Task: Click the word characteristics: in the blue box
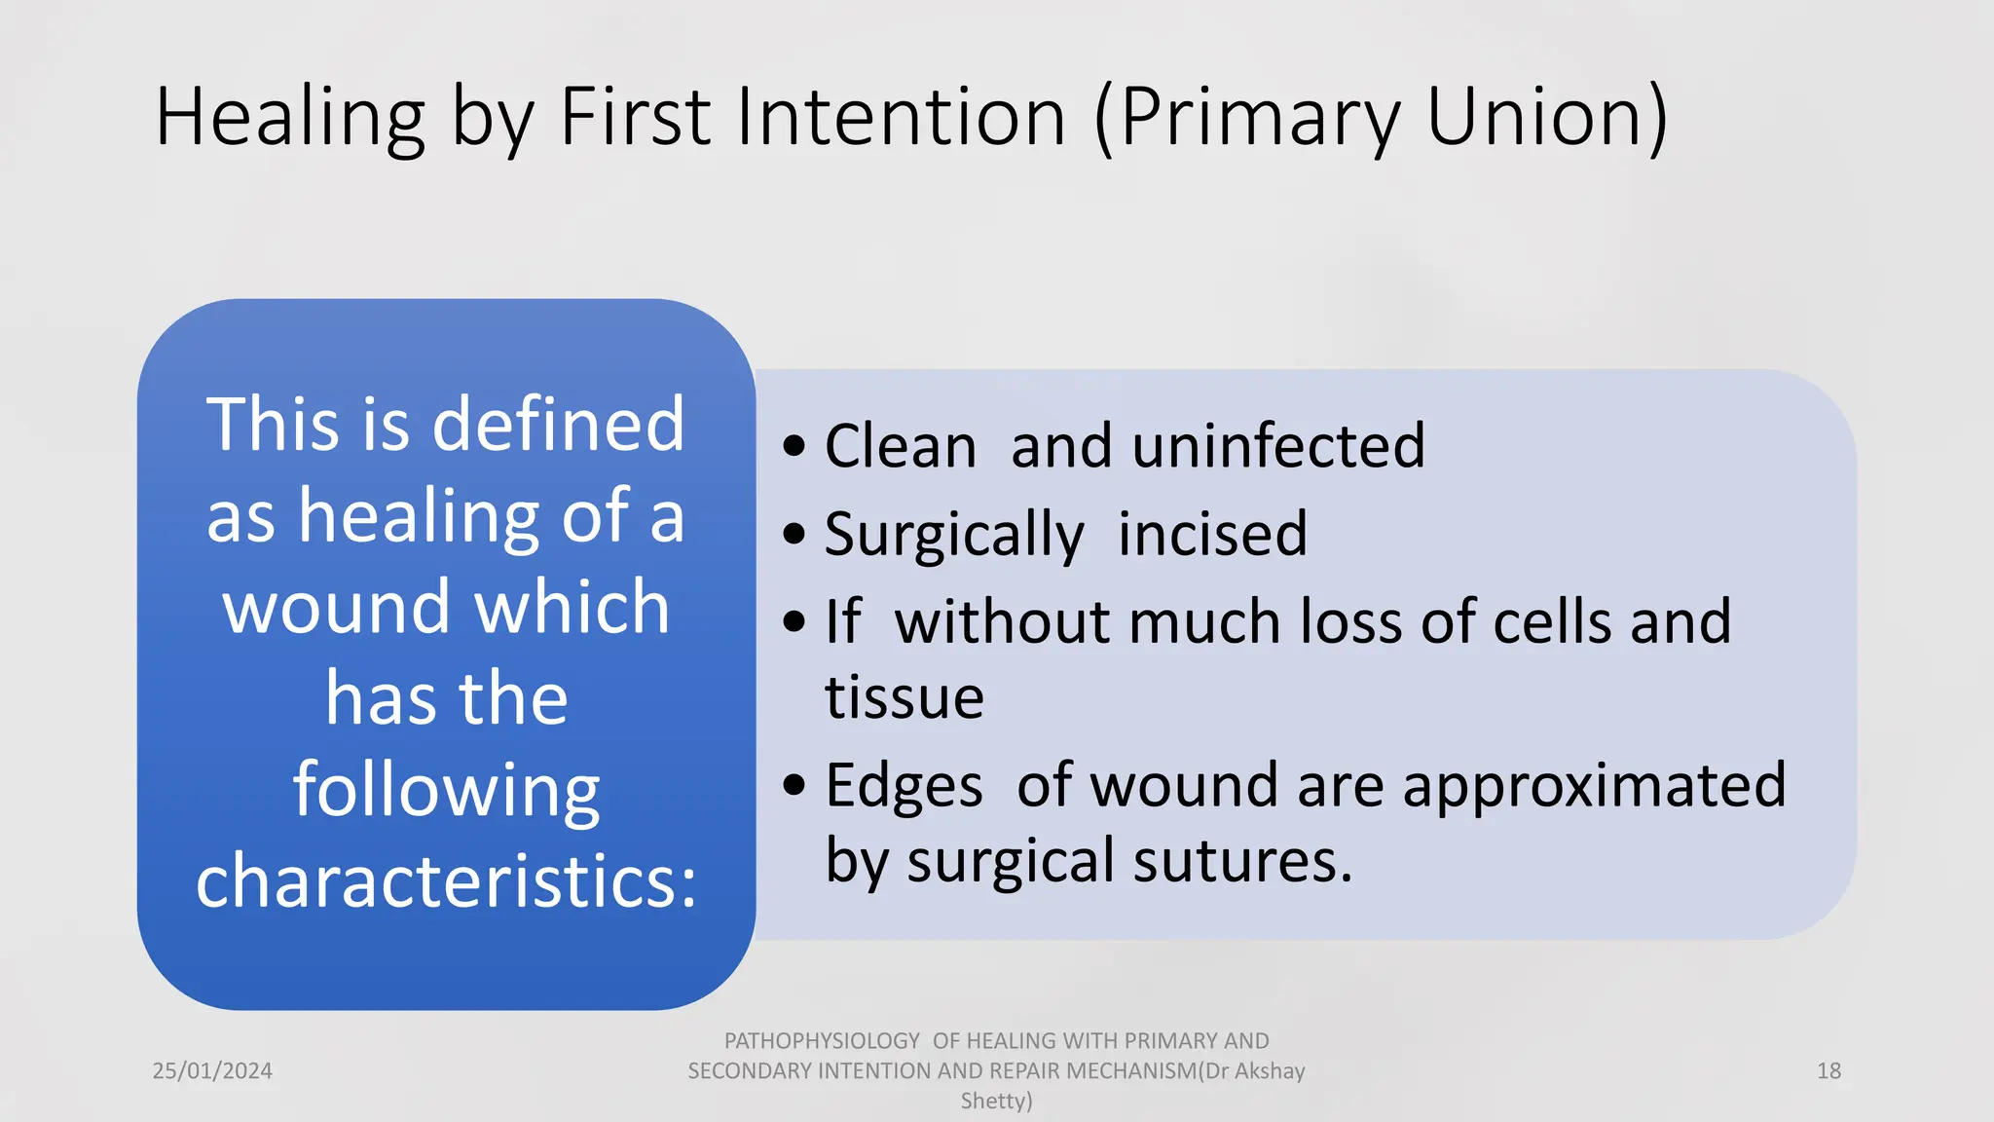coord(447,880)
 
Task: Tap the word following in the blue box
coord(447,791)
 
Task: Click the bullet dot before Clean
coord(794,446)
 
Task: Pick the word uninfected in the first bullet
coord(1217,446)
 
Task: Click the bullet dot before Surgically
coord(794,534)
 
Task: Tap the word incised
coord(1212,534)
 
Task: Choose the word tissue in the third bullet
coord(905,697)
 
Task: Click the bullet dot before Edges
coord(794,785)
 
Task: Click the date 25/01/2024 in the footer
coord(212,1070)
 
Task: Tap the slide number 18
coord(1828,1070)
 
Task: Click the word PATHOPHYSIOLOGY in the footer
coord(822,1040)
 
